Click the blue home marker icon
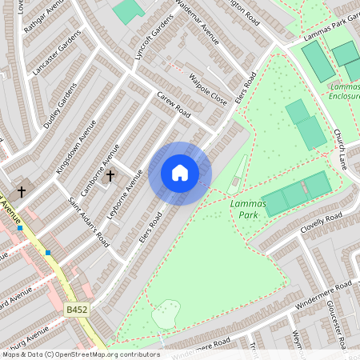[180, 172]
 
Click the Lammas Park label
[247, 210]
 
